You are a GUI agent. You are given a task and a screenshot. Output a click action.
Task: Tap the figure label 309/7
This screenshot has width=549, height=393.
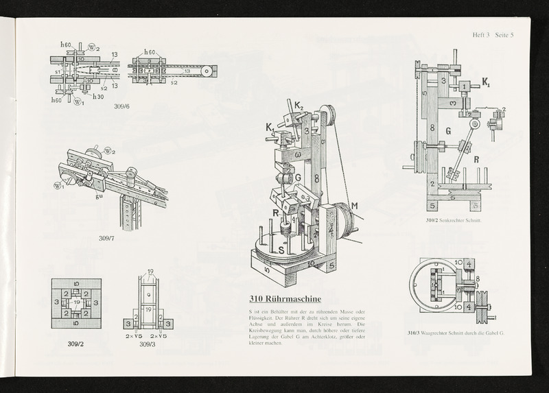(x=108, y=238)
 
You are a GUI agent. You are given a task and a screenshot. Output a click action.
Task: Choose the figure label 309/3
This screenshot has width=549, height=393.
(x=148, y=344)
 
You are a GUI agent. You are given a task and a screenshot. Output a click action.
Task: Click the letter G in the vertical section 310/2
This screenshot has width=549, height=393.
(x=447, y=130)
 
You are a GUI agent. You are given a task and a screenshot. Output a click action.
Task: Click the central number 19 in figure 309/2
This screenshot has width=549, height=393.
(x=76, y=302)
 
